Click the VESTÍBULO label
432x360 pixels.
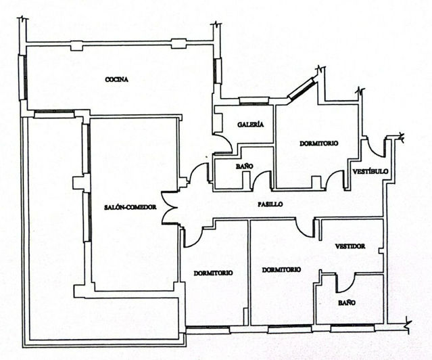[x=370, y=172]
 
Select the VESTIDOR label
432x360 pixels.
[x=350, y=247]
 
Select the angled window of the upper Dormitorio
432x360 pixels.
[x=301, y=89]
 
